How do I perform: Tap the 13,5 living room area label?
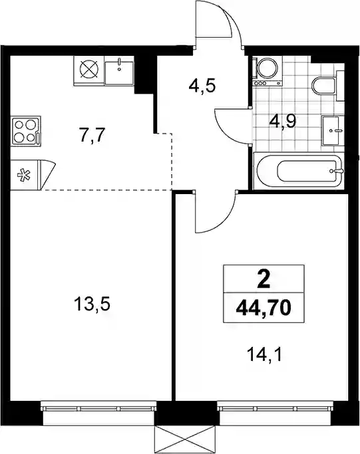92,304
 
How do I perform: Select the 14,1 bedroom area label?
264,355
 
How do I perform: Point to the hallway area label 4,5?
202,86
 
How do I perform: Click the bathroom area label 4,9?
282,122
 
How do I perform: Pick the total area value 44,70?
264,308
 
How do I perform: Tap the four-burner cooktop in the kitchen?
25,130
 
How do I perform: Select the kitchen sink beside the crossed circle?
119,72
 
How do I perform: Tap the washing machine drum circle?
267,68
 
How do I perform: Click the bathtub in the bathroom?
299,171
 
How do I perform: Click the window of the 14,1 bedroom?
275,408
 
